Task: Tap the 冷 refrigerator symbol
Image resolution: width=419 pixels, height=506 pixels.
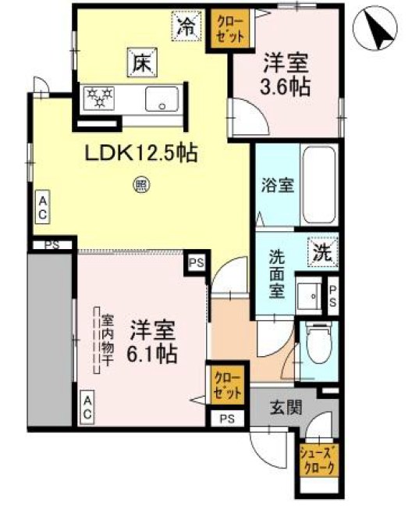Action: pos(186,25)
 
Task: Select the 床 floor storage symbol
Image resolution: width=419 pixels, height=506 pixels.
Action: pos(140,60)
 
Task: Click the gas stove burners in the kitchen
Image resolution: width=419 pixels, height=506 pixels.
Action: pos(99,98)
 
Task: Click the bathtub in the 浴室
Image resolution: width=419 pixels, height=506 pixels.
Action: pos(319,184)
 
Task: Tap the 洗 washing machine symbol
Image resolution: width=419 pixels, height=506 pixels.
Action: pos(323,251)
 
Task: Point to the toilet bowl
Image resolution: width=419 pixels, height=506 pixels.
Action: pos(318,344)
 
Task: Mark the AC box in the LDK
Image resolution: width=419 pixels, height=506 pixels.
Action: pos(43,208)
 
